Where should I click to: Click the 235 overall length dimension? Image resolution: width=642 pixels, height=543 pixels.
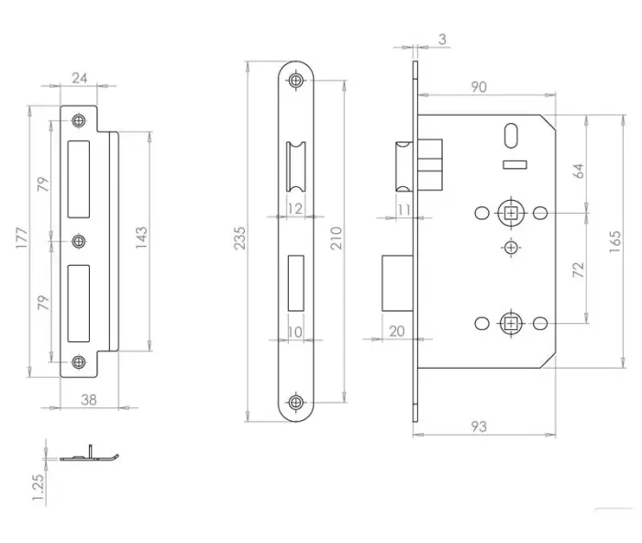tap(239, 238)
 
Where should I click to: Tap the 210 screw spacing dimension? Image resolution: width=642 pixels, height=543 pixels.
tap(337, 238)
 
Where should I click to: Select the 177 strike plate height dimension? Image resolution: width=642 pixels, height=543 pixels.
tap(22, 238)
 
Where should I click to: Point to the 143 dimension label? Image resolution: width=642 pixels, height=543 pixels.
tap(141, 237)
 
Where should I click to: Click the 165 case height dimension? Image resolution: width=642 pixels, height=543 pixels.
tap(615, 241)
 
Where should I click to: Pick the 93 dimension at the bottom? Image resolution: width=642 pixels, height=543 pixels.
tap(479, 427)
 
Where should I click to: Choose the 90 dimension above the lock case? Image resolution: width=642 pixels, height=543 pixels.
tap(479, 87)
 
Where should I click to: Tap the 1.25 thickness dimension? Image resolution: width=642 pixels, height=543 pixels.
tap(39, 487)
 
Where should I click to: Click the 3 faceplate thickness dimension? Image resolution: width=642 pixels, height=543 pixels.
tap(442, 39)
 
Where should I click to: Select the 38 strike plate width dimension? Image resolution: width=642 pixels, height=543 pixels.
tap(89, 400)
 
